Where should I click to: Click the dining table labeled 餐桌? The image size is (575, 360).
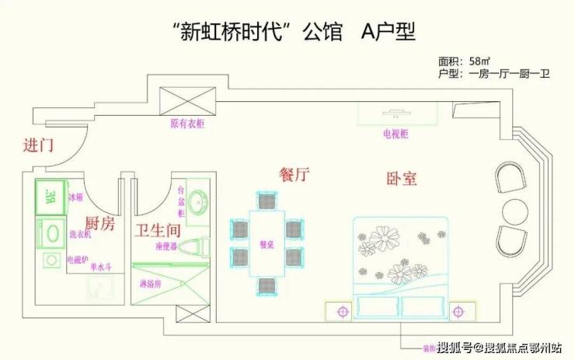(267, 242)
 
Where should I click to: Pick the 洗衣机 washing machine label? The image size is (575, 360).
(81, 233)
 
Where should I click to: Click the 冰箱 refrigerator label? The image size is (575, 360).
(75, 198)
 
